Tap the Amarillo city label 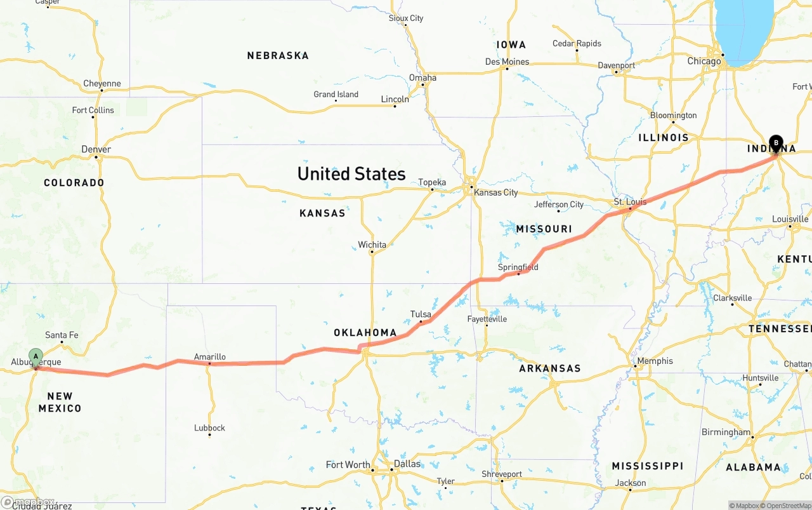coord(210,357)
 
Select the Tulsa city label coord(421,314)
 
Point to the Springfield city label coord(518,267)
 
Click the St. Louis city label coord(630,202)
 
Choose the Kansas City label coord(496,192)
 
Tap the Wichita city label coord(372,245)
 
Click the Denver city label coord(96,149)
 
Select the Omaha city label coord(422,78)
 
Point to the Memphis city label coord(655,361)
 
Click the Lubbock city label coord(209,428)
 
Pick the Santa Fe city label coord(62,335)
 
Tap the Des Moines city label coord(507,62)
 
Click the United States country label coord(351,174)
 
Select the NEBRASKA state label coord(278,56)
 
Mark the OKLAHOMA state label coord(365,333)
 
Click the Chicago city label coord(704,62)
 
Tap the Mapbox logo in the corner coord(29,502)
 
